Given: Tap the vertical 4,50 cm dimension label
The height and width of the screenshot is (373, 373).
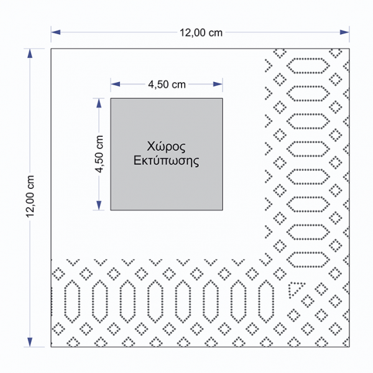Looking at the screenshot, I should click(x=98, y=154).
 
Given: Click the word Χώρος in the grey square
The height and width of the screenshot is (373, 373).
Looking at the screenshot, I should click(x=167, y=147).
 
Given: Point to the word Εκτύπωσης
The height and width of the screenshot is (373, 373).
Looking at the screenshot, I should click(x=167, y=160).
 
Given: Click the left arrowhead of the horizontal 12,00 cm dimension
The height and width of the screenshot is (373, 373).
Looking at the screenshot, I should click(x=55, y=31).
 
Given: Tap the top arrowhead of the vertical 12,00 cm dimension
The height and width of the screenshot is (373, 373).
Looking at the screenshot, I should click(x=29, y=52).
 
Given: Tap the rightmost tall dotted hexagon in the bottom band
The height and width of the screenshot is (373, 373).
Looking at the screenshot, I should click(x=267, y=300).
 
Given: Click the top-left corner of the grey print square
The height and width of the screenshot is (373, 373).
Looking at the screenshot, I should click(x=111, y=98).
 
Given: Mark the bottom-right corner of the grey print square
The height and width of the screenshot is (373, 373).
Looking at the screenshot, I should click(x=223, y=210).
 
